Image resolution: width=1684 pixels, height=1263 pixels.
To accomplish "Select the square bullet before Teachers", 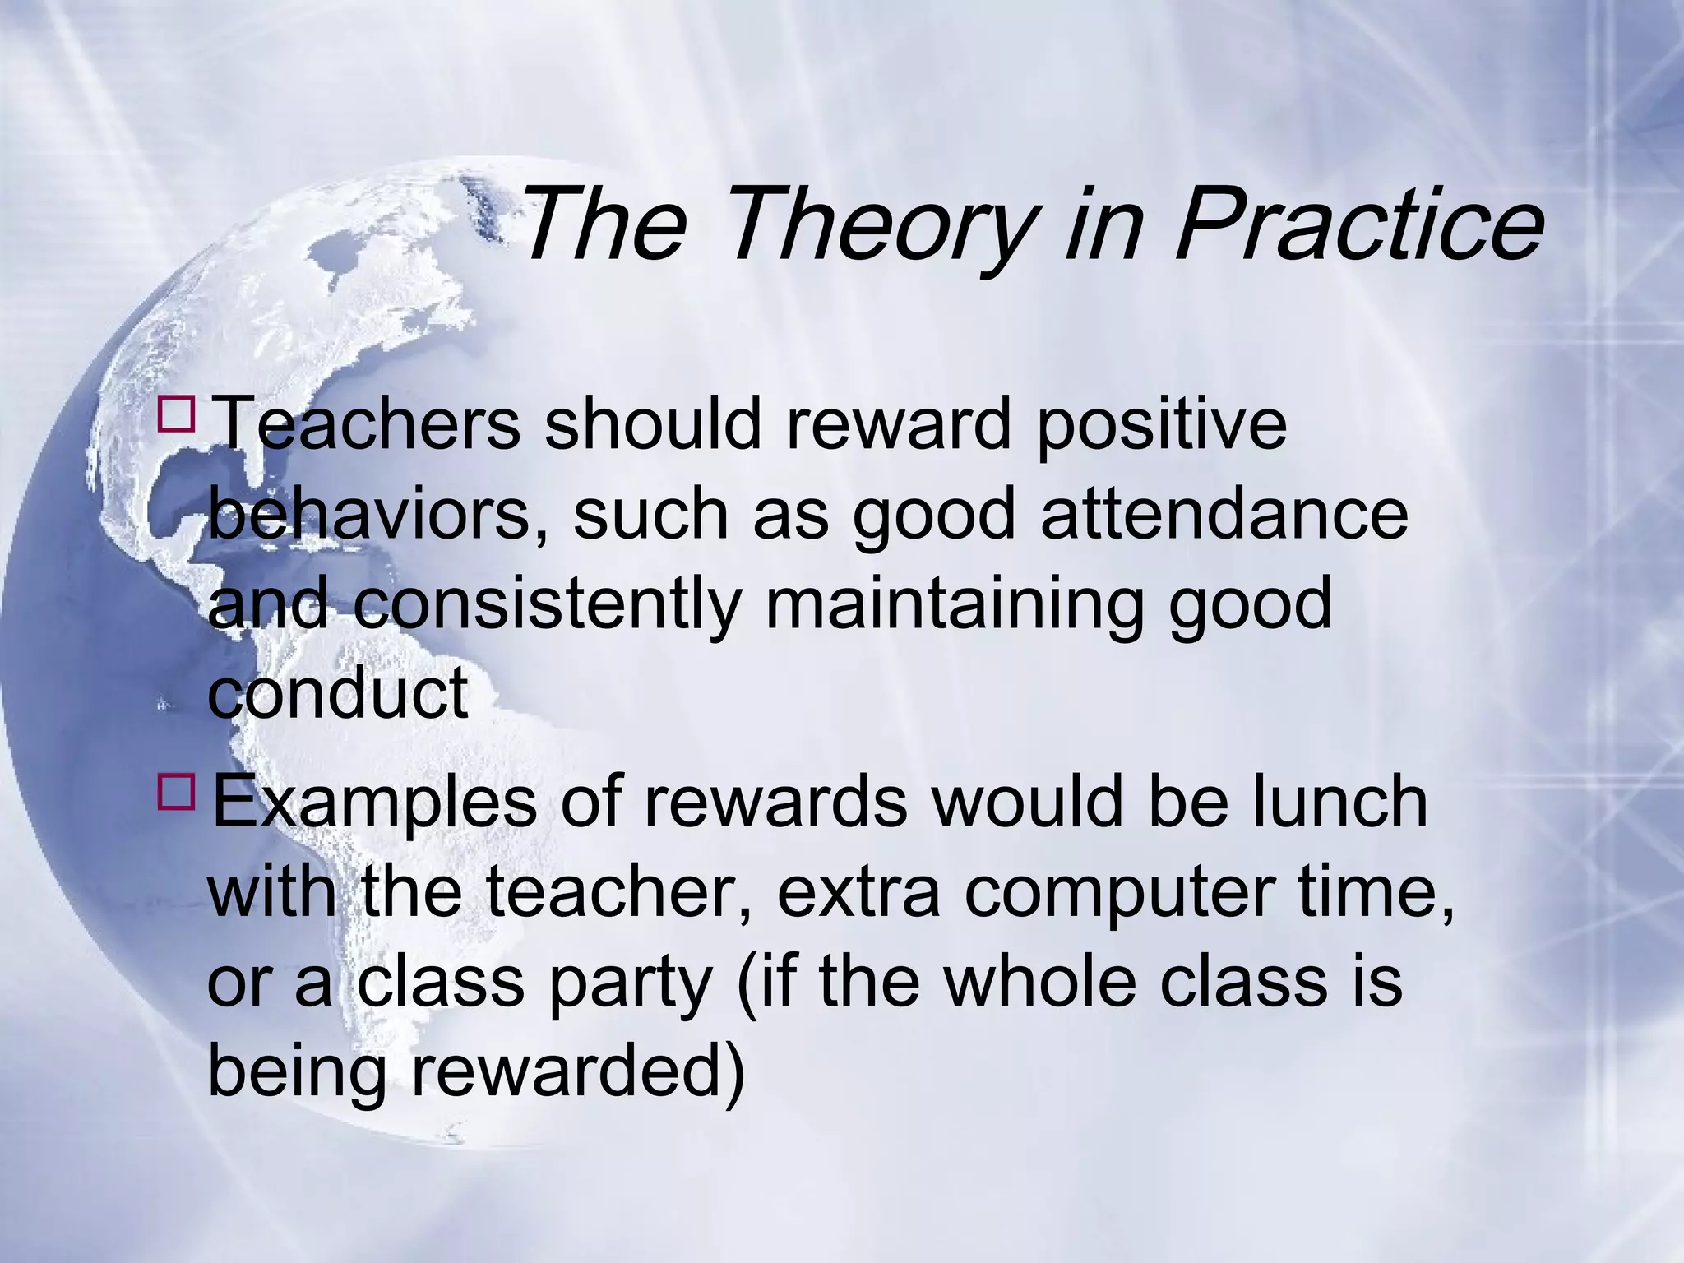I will pos(176,414).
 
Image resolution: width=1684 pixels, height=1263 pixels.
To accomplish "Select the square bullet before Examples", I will pos(176,792).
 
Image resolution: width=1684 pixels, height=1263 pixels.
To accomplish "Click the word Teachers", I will pos(366,423).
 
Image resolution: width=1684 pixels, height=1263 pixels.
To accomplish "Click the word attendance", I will pos(1224,515).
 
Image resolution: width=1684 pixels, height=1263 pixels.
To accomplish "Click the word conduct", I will pos(338,692).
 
